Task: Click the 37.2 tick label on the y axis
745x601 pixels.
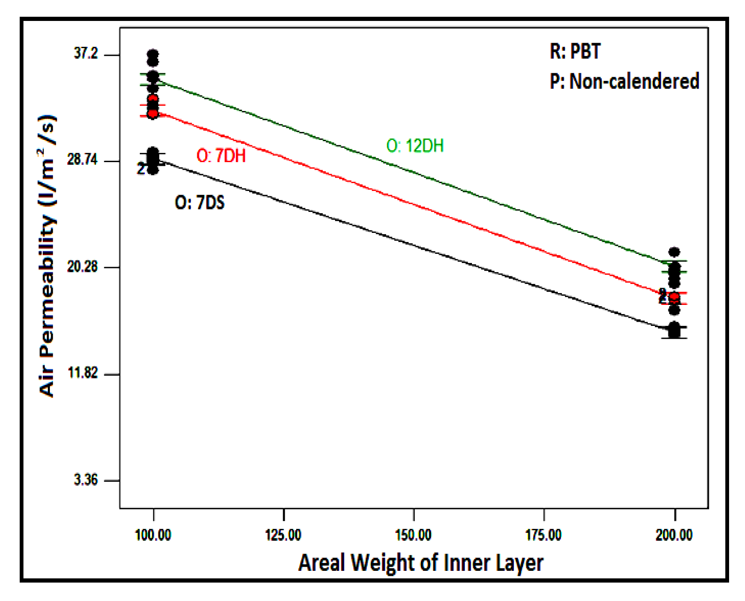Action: point(85,53)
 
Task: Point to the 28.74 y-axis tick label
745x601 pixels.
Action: point(82,160)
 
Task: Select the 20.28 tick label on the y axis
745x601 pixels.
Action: point(82,266)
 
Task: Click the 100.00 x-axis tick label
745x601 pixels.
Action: point(153,535)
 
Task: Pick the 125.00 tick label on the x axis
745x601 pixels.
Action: point(283,535)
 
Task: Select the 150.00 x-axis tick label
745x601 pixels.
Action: point(413,535)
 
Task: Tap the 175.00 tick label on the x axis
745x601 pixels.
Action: point(544,535)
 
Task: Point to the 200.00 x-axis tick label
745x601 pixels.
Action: point(674,535)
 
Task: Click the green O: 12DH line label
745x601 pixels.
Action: point(415,146)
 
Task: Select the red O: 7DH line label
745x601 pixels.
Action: point(221,156)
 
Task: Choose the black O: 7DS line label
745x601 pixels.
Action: point(199,203)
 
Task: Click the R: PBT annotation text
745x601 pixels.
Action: point(575,52)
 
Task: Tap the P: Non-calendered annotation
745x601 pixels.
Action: point(624,81)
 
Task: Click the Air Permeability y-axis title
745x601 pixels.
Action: point(47,255)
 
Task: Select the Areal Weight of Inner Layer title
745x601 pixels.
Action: point(420,562)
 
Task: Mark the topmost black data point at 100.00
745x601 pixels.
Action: point(153,55)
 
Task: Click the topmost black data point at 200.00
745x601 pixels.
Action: point(674,252)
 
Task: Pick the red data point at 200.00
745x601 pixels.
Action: point(674,297)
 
